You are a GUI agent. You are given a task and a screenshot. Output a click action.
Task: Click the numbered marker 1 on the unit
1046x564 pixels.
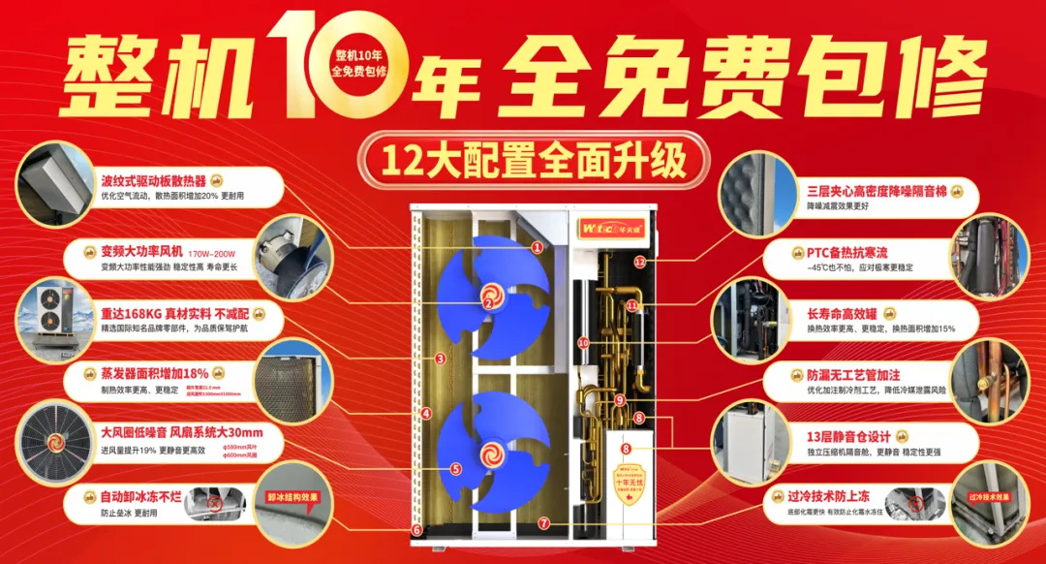537,247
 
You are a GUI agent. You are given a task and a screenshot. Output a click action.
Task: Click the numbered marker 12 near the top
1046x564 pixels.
639,262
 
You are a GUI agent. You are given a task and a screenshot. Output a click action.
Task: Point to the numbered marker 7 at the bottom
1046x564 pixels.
543,523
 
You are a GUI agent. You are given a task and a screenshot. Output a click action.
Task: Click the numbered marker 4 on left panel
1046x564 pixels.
426,414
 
